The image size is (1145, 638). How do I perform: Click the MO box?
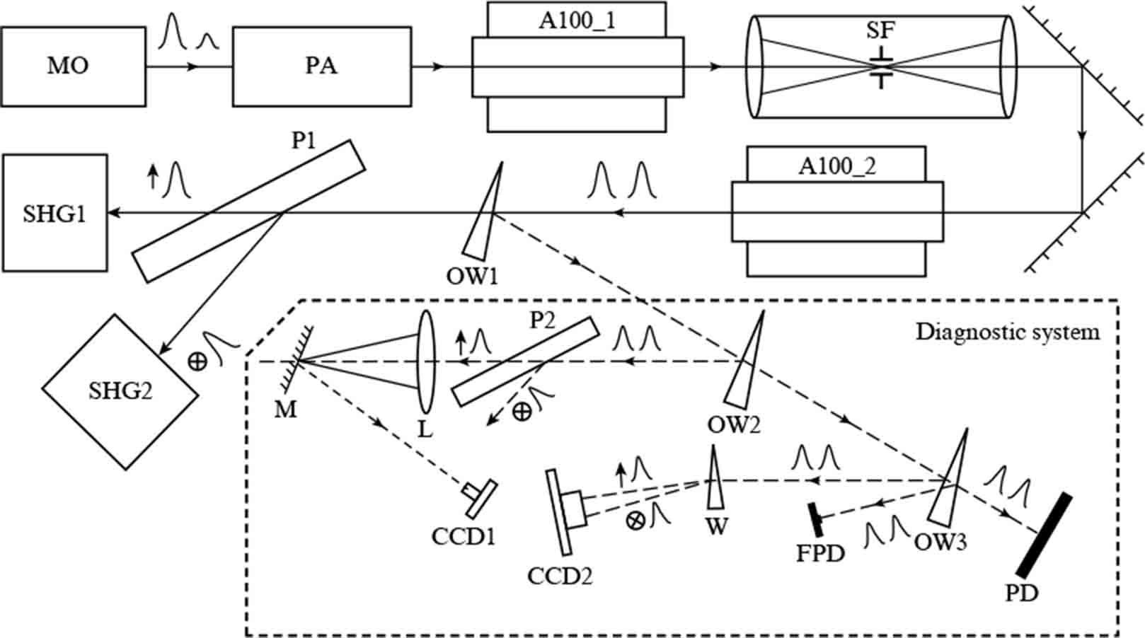click(73, 66)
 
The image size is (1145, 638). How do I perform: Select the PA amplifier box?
click(321, 66)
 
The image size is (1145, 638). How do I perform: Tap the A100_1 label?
click(577, 20)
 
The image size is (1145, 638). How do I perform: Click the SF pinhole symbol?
click(880, 67)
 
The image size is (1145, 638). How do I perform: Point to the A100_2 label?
click(836, 166)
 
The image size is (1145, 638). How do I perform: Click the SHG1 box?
click(54, 213)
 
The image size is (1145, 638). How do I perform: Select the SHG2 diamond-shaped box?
click(120, 391)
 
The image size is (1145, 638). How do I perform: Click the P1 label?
click(304, 141)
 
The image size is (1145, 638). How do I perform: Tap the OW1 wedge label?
click(471, 275)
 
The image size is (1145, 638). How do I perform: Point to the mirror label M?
click(286, 410)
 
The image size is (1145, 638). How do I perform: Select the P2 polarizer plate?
click(524, 361)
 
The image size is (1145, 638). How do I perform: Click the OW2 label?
click(733, 425)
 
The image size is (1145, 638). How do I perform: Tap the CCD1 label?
click(463, 536)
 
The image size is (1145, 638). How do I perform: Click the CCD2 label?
click(559, 576)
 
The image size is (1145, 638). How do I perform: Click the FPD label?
click(820, 552)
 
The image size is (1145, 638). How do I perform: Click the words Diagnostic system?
click(1008, 332)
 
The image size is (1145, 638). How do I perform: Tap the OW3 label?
click(940, 543)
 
